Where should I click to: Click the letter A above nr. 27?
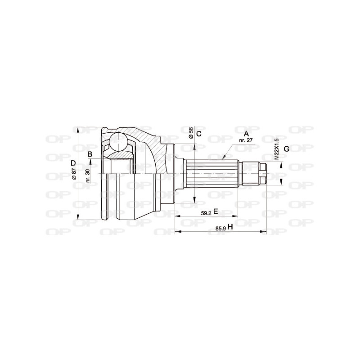click(246, 134)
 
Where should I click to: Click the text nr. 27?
click(245, 140)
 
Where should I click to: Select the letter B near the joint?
click(90, 154)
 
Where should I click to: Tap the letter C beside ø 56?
click(198, 134)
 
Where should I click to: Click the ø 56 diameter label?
click(191, 132)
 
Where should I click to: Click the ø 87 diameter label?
click(75, 173)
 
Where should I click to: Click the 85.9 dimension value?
click(220, 229)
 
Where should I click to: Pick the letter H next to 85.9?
click(230, 227)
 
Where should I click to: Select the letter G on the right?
click(286, 149)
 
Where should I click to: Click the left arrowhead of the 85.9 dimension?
click(177, 232)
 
